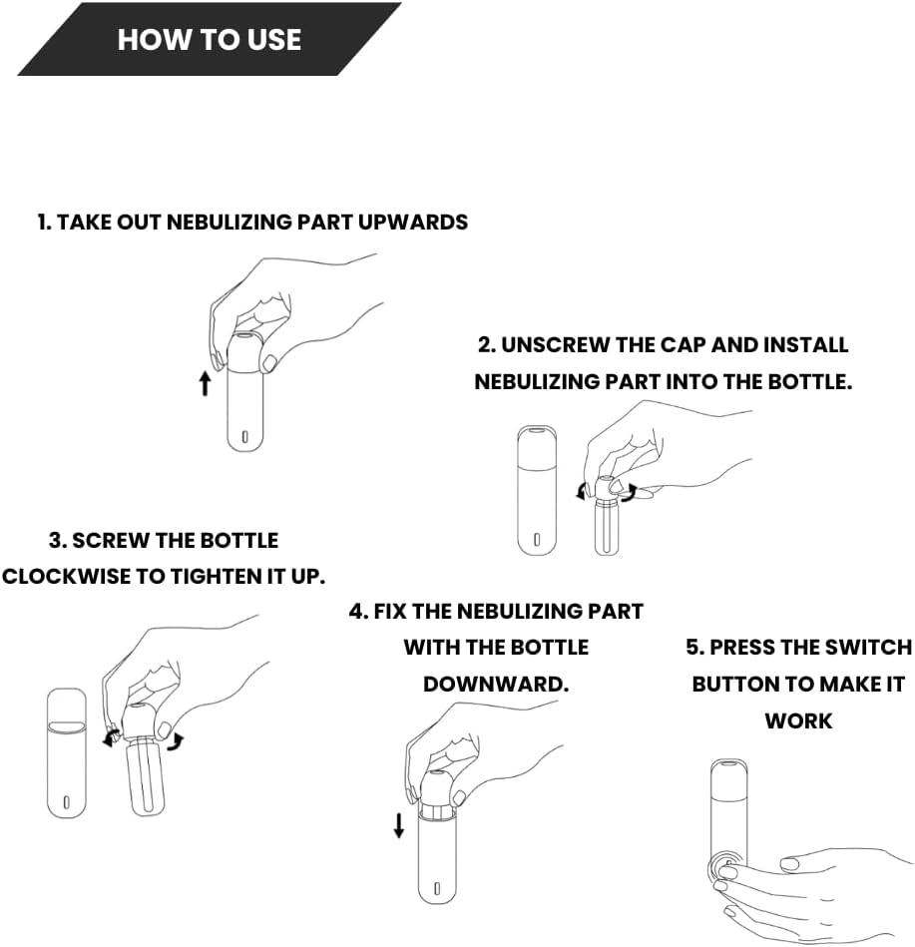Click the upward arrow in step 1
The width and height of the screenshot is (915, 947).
[206, 383]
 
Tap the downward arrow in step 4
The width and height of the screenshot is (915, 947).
[398, 825]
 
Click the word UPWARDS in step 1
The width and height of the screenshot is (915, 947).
[413, 223]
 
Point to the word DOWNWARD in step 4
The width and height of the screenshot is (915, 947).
[496, 685]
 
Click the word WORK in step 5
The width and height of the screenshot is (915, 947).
[798, 721]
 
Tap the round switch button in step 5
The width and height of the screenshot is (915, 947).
[724, 868]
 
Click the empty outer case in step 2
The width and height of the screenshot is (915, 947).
[537, 490]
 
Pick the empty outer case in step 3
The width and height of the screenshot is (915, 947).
[67, 753]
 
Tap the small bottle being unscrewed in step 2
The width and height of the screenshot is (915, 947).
[607, 526]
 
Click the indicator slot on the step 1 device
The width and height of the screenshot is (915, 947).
[244, 436]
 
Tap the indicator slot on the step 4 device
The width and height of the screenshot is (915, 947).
[437, 888]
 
